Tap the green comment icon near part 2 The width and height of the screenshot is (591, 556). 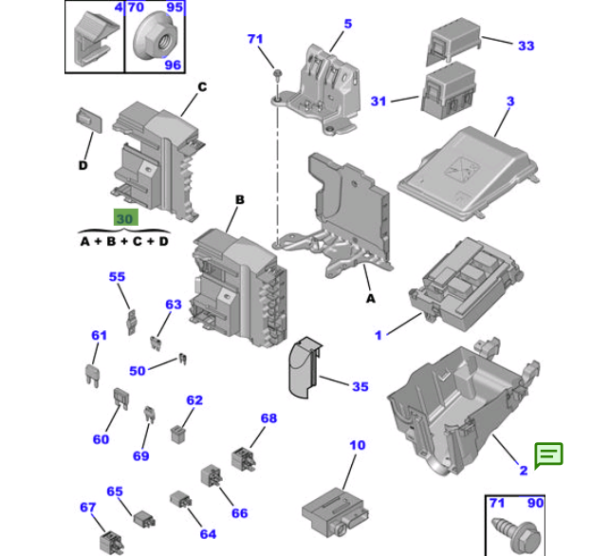[x=548, y=454]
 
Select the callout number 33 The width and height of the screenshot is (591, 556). [x=526, y=46]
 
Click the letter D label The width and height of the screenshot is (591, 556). [x=83, y=166]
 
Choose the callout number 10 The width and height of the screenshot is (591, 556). [x=357, y=444]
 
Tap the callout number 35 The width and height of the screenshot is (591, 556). [x=360, y=386]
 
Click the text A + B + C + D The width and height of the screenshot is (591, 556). [x=124, y=241]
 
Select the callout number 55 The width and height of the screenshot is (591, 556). [x=117, y=277]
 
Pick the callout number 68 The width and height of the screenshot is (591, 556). [x=268, y=418]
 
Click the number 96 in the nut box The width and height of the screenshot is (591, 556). [x=173, y=65]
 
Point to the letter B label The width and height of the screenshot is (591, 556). [x=240, y=200]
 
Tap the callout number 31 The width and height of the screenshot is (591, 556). [x=379, y=102]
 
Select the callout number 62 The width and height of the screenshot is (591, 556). [x=194, y=400]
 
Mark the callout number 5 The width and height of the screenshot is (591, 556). [x=347, y=24]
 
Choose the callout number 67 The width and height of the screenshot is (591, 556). [x=87, y=508]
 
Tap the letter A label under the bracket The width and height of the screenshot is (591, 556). [x=370, y=298]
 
